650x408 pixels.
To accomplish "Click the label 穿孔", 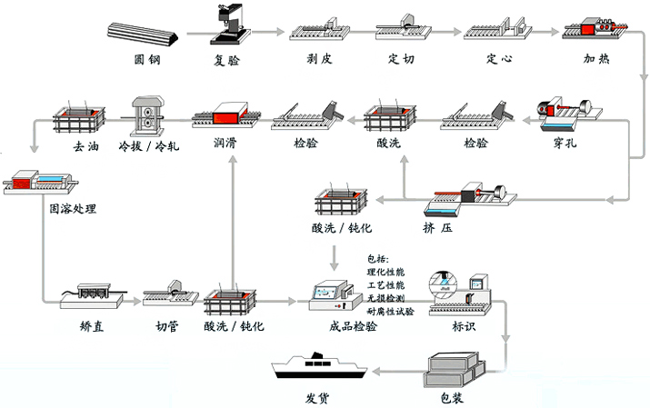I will (x=565, y=144).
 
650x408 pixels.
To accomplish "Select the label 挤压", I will (x=437, y=226).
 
